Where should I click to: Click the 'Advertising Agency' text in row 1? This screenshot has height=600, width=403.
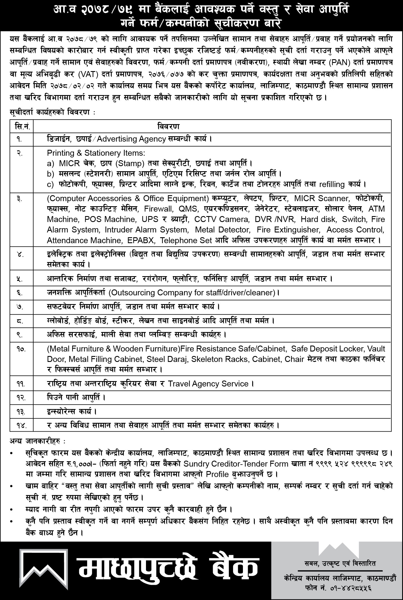(x=131, y=139)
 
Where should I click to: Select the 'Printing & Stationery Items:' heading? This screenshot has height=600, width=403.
(x=96, y=153)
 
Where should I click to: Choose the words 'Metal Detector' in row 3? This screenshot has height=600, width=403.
(x=222, y=230)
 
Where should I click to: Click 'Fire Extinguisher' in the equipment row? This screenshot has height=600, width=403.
(x=287, y=230)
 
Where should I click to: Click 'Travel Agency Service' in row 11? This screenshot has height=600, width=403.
(x=208, y=384)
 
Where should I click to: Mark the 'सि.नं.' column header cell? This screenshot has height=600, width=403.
(x=22, y=126)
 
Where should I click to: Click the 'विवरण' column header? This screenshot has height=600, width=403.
(x=168, y=126)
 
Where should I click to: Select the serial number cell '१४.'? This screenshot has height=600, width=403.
(x=22, y=425)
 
